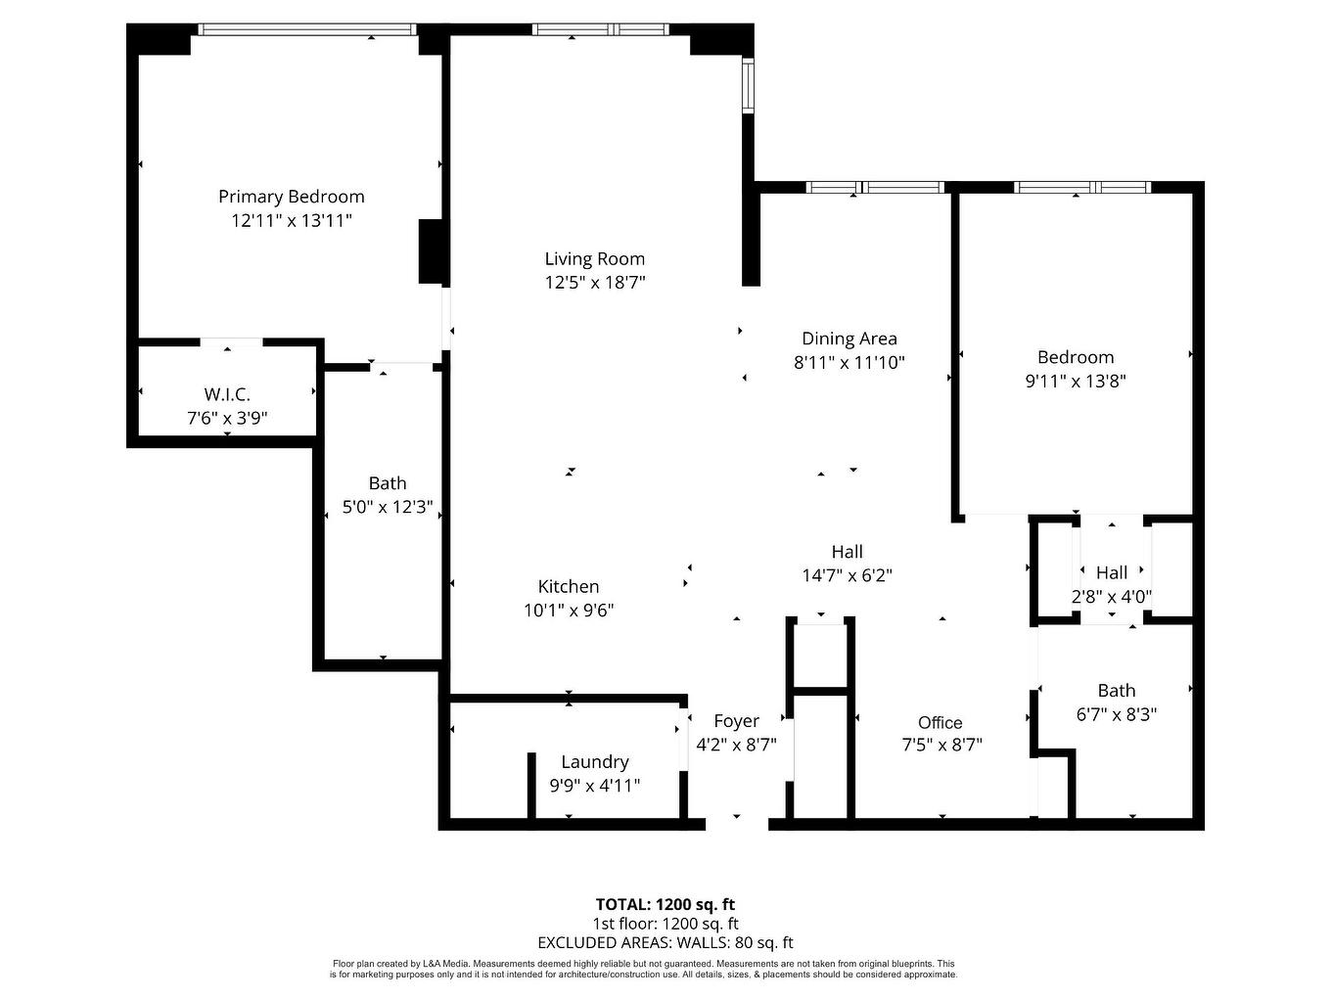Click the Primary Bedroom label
291,197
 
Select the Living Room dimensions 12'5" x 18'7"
595,283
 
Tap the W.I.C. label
227,394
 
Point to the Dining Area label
849,339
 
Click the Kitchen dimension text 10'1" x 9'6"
569,611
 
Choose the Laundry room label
594,761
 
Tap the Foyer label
736,721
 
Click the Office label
940,722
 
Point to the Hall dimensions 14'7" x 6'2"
847,575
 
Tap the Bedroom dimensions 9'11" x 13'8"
1076,382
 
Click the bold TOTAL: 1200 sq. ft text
665,904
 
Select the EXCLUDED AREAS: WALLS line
665,943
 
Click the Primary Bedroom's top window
306,30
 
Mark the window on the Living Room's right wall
748,86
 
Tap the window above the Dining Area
874,187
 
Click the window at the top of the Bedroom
1080,187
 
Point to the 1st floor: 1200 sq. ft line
665,924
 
